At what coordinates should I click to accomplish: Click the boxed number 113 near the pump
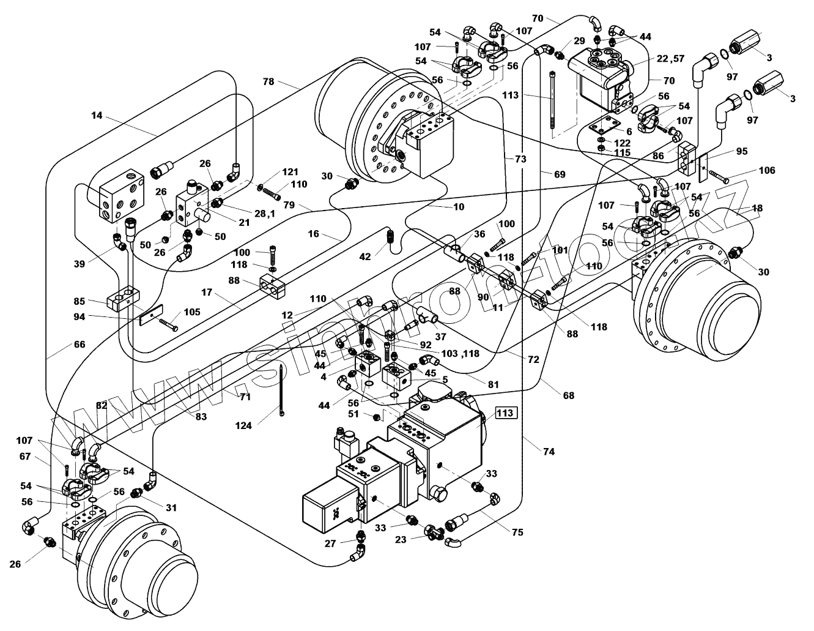tap(506, 413)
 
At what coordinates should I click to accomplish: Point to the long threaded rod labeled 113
tap(552, 100)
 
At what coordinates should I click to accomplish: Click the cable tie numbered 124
tap(281, 390)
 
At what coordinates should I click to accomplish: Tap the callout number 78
tap(268, 81)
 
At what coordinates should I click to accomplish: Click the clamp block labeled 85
tap(123, 298)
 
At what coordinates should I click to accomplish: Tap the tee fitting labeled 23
tap(434, 531)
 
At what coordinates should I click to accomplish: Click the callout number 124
tap(243, 425)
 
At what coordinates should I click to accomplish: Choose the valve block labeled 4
tap(368, 363)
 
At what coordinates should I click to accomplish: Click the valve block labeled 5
tap(397, 379)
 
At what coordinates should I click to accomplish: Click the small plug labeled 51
tap(377, 417)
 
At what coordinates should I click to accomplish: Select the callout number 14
tap(97, 115)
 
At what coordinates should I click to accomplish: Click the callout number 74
tap(549, 452)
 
